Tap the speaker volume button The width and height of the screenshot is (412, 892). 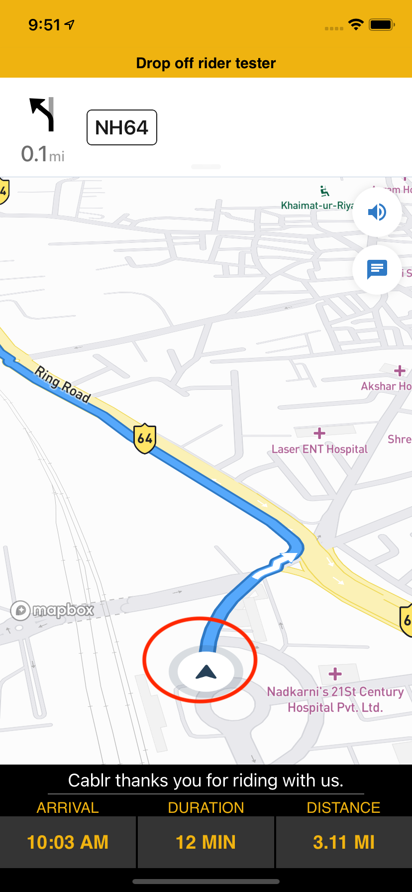coord(377,212)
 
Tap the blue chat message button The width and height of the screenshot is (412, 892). coord(377,269)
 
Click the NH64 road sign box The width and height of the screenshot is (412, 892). coord(122,127)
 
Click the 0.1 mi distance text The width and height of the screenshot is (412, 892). coord(43,154)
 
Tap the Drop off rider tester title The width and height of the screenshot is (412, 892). coord(206,63)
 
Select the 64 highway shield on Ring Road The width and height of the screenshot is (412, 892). coord(145,439)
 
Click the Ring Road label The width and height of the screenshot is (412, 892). coord(63,384)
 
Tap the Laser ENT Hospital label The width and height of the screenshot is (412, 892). coord(319,449)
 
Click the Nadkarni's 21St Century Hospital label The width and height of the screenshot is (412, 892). coord(335,699)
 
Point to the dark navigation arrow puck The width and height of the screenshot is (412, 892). coord(206,672)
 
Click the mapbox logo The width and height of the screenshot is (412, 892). coord(52,610)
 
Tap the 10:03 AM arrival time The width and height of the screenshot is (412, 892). coord(68,842)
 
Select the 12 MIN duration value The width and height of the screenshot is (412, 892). coord(206,842)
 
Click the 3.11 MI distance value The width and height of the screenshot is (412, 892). coord(344,842)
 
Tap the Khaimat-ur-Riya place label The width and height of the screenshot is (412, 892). coord(317,206)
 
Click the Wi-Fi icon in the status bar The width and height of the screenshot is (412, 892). coord(356,24)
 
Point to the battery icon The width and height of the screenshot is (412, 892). coord(382,24)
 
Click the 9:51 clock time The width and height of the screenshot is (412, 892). coord(44,25)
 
